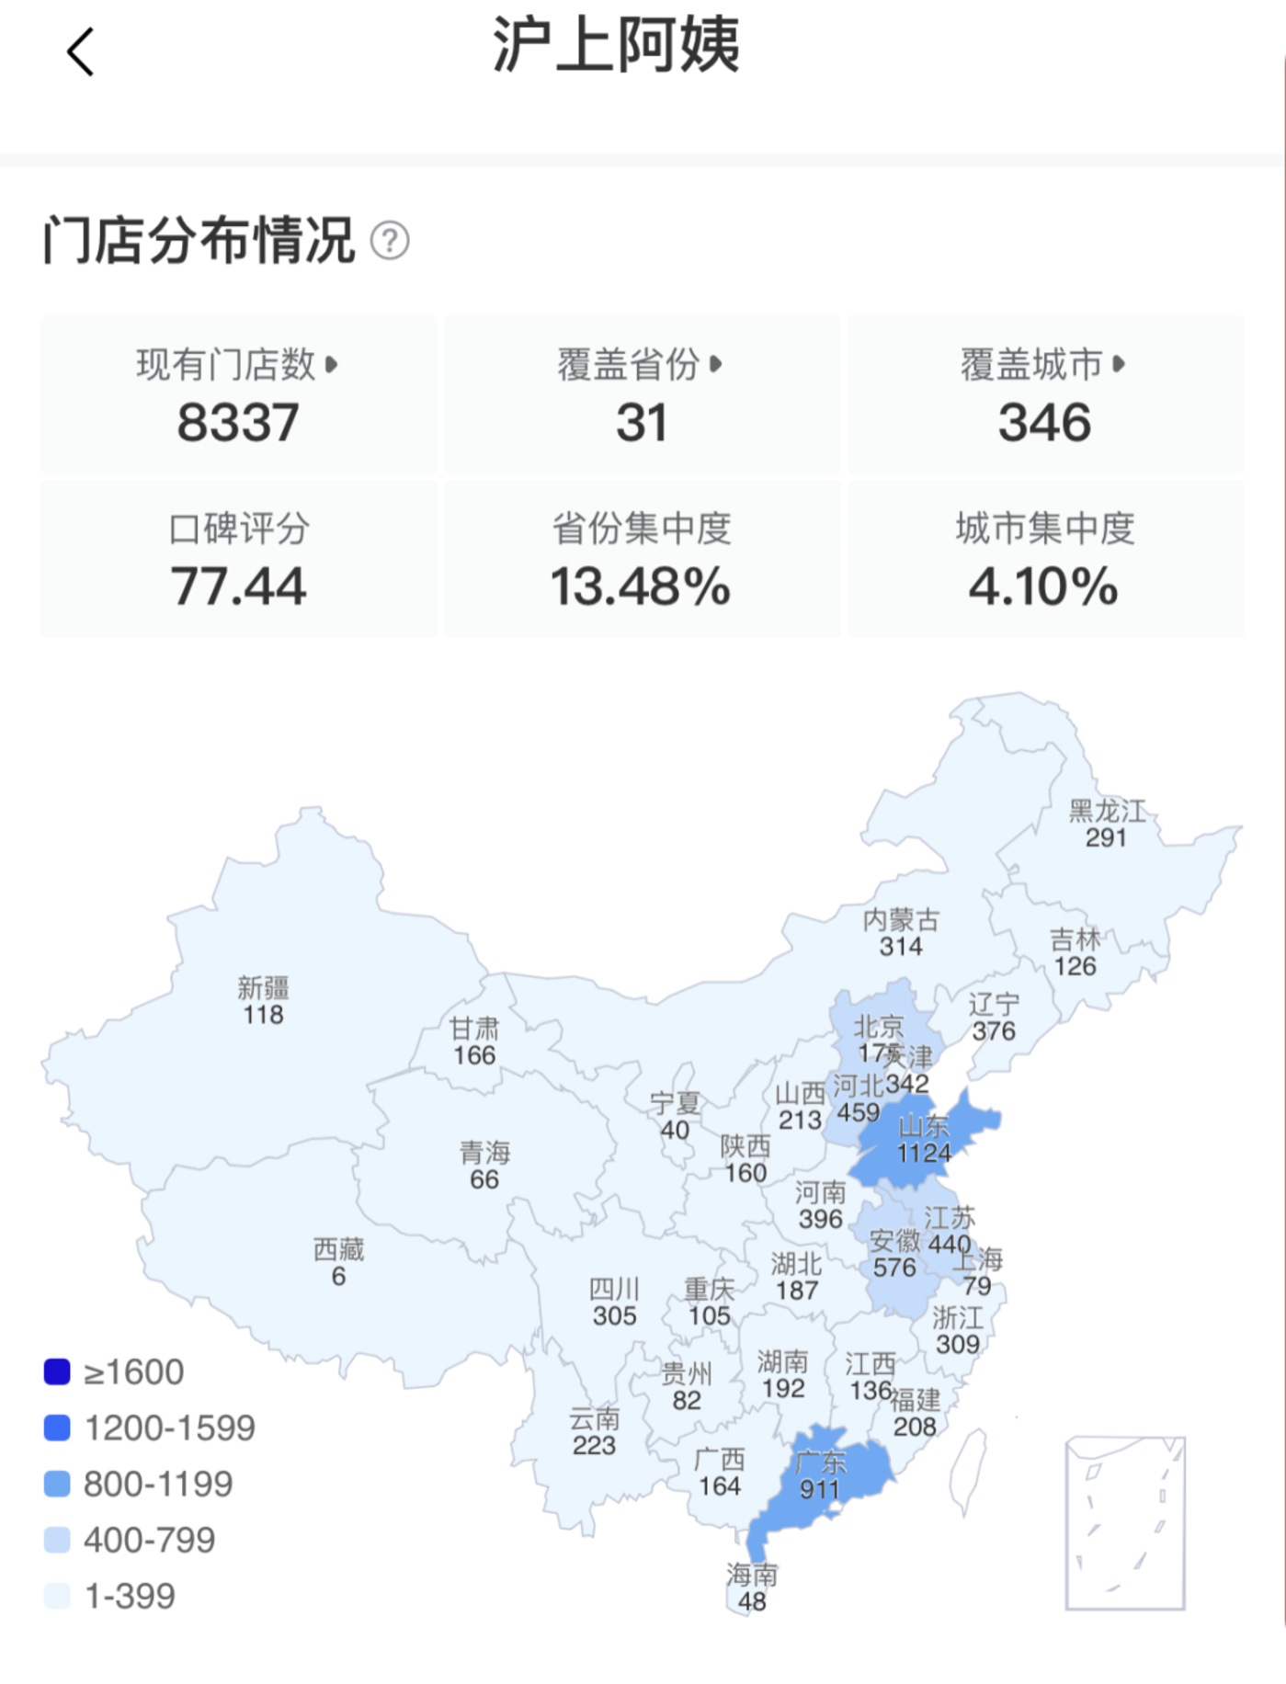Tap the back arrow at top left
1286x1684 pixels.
(81, 51)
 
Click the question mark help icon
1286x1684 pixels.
(390, 241)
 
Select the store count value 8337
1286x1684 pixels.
(238, 423)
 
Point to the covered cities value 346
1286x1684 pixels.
(1045, 423)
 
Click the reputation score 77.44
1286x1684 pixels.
(238, 586)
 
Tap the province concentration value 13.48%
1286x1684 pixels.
(641, 586)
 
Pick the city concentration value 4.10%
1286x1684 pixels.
(1044, 586)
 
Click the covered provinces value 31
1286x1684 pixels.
(641, 423)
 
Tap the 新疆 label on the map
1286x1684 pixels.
(263, 988)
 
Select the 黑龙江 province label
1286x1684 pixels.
(1107, 811)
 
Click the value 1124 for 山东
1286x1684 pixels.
(924, 1153)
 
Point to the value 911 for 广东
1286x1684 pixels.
(819, 1488)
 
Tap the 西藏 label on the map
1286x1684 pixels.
(338, 1249)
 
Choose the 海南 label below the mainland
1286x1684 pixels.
(752, 1575)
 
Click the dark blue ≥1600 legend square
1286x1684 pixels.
(57, 1371)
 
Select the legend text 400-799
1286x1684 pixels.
(149, 1540)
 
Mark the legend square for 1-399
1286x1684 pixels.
(57, 1596)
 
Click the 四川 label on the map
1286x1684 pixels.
(614, 1290)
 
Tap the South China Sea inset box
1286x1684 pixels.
(1125, 1523)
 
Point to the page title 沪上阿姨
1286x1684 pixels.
(616, 44)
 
